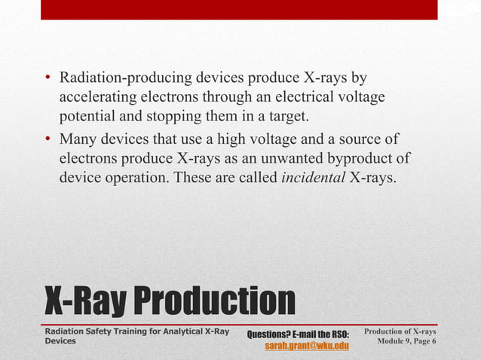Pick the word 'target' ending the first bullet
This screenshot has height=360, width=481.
pos(310,117)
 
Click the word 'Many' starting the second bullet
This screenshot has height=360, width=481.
pos(78,139)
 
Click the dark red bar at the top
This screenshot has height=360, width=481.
pos(239,9)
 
